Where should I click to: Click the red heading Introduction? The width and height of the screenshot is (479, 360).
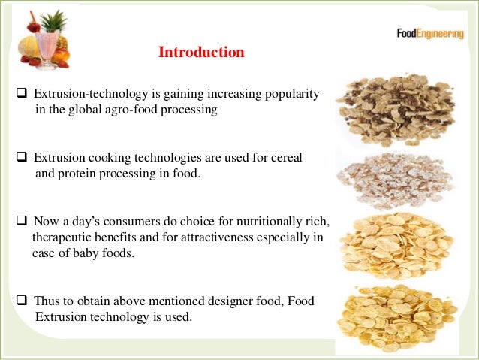coord(201,53)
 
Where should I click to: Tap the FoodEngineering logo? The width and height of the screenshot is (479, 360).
coord(429,34)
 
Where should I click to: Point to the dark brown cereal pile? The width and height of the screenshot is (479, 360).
coord(394,109)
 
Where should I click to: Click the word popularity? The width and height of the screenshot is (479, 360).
coord(292,95)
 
